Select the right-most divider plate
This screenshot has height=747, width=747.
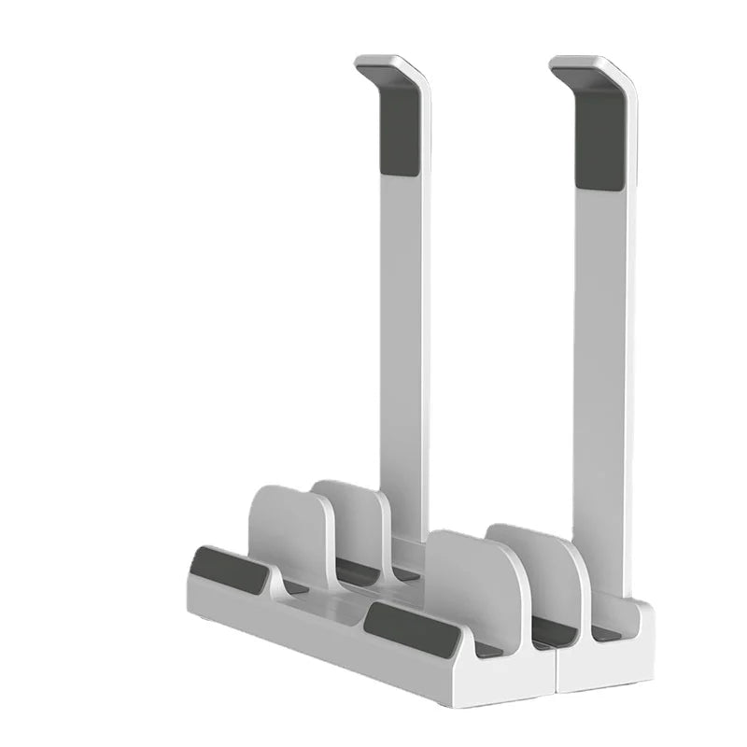[542, 570]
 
